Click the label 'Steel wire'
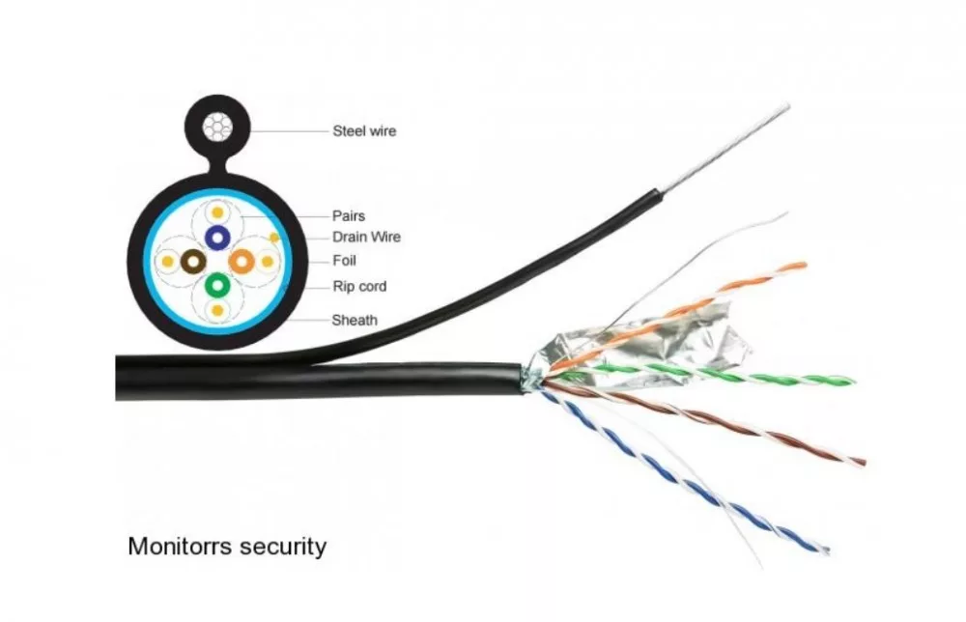tap(364, 131)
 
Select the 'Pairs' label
tap(349, 216)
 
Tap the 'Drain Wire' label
tap(366, 237)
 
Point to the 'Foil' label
tap(345, 261)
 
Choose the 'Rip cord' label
tap(359, 286)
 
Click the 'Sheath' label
tap(355, 321)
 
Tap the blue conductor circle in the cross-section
tap(217, 238)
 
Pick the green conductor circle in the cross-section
tap(217, 285)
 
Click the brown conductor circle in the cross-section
tap(193, 262)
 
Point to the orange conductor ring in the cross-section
tap(241, 262)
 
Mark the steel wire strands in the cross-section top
tap(217, 127)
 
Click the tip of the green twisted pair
tap(854, 382)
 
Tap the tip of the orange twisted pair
tap(804, 265)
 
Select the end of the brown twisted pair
tap(864, 463)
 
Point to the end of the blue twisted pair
tap(826, 550)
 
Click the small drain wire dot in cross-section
tap(274, 238)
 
